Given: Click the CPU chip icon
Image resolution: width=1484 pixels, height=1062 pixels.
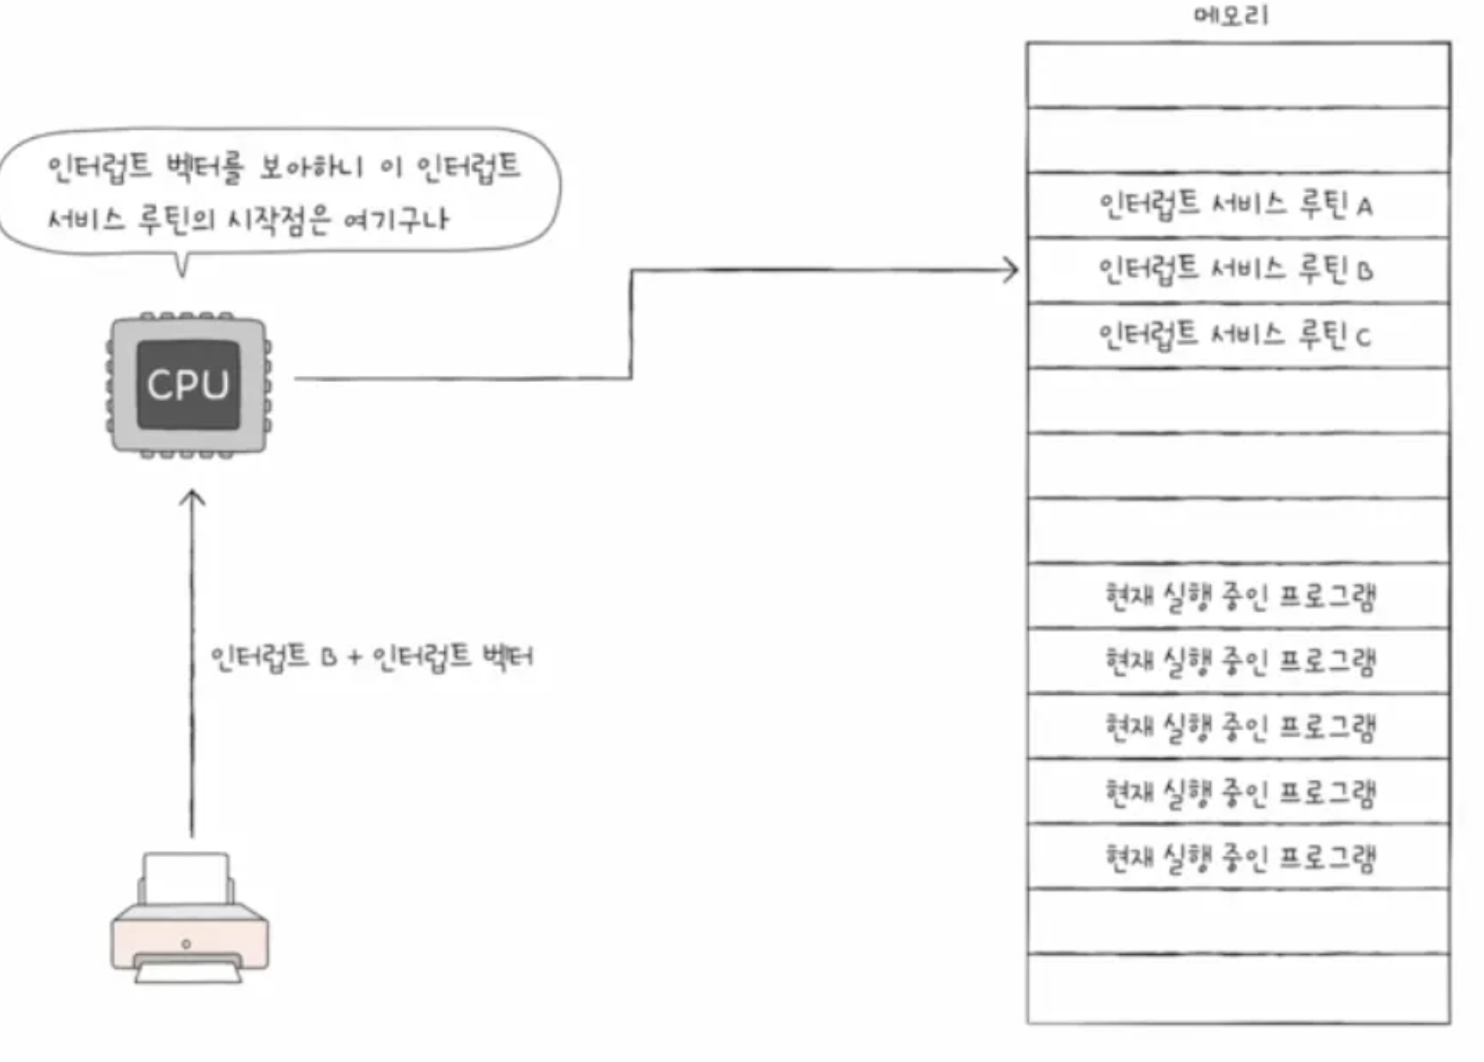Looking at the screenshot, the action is [x=188, y=384].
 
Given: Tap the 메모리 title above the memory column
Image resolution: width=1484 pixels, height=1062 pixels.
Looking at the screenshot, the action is [x=1231, y=15].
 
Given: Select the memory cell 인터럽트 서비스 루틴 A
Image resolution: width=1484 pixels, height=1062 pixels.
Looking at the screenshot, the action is [x=1237, y=205].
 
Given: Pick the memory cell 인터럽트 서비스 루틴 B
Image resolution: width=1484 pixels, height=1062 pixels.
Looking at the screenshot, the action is [x=1237, y=270].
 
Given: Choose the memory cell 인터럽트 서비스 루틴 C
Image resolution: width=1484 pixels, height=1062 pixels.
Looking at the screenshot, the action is [x=1237, y=336].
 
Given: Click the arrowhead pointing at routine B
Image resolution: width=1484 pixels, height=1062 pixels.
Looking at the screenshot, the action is [x=1011, y=270].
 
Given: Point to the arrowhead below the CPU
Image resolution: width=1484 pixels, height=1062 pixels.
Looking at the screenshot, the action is [x=191, y=499].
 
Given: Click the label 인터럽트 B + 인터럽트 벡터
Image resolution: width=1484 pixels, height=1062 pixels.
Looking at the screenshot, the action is [x=371, y=656].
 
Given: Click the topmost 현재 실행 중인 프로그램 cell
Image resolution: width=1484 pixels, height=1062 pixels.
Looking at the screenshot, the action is [x=1239, y=596].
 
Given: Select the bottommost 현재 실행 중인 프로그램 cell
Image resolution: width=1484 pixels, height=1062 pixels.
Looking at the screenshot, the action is [x=1239, y=857].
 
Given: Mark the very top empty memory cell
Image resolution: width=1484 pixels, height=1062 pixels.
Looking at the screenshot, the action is [x=1238, y=75].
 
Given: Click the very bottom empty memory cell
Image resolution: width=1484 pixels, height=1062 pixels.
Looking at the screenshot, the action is [x=1238, y=989].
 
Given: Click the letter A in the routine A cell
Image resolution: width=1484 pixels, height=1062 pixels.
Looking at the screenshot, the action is [x=1364, y=207].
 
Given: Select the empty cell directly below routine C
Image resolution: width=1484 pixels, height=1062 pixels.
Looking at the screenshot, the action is [x=1238, y=401].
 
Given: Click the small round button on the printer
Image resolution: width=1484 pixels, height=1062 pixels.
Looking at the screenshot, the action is [x=186, y=943].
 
